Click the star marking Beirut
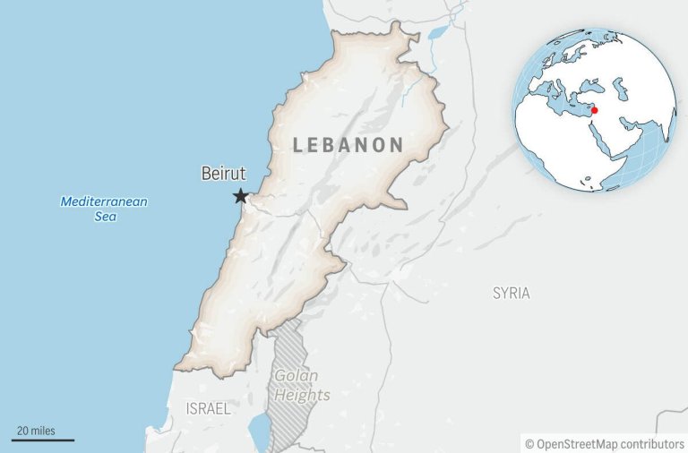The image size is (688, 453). (240, 196)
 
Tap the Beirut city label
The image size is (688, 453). (223, 174)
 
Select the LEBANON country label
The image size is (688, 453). (348, 145)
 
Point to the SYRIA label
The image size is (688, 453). (511, 293)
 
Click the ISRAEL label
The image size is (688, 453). (208, 408)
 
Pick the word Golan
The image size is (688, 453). (297, 376)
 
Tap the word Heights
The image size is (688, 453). (302, 395)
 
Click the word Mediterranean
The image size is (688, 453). (104, 201)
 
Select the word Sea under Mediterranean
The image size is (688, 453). (105, 217)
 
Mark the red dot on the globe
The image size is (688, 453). (594, 110)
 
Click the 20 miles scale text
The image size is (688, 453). (36, 431)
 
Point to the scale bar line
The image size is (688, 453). (43, 440)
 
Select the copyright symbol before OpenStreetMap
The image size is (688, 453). (529, 443)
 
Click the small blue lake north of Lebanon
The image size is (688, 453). (438, 33)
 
